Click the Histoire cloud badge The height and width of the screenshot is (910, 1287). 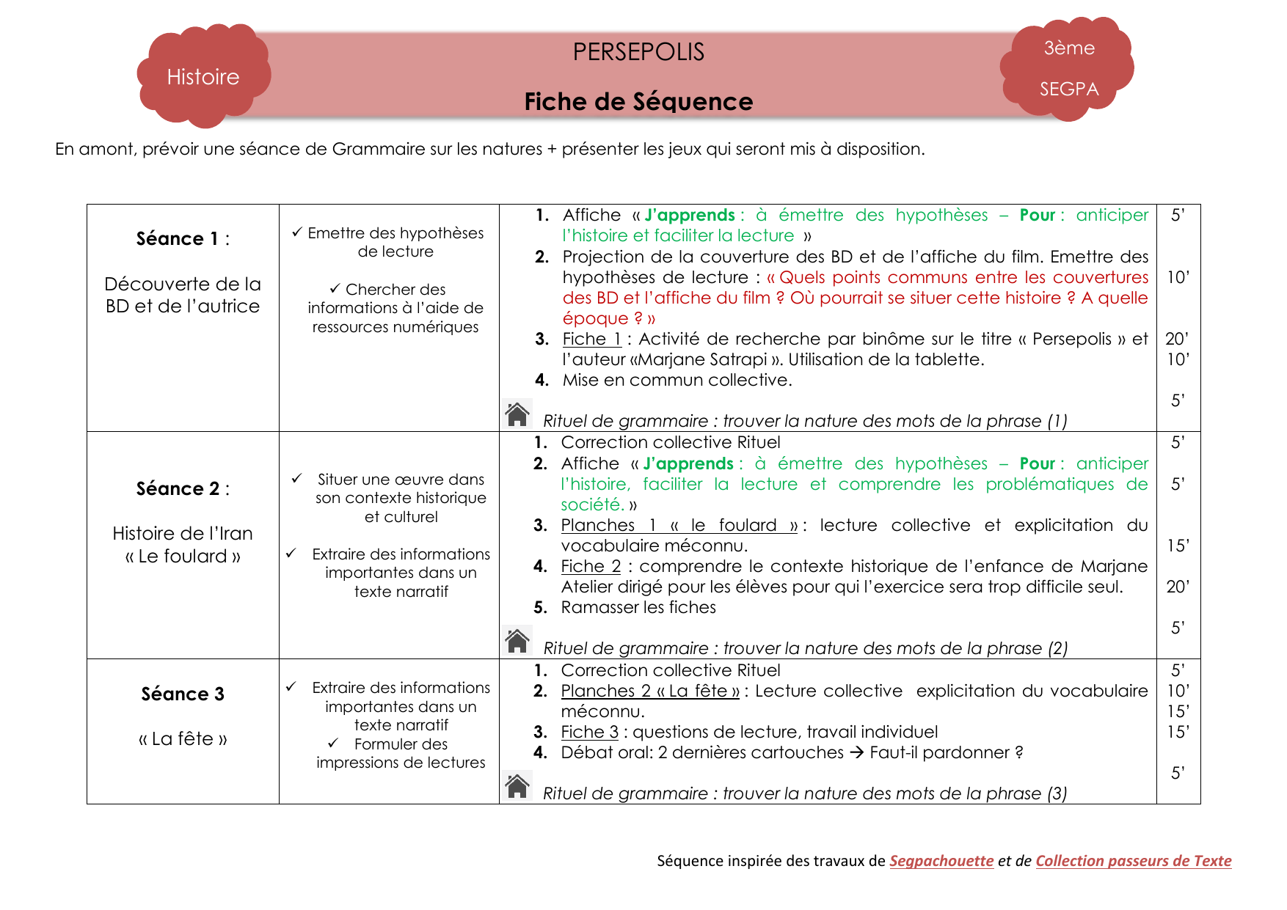[x=203, y=76]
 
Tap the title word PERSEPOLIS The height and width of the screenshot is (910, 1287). [x=638, y=52]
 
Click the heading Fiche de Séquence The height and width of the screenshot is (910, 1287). [x=638, y=101]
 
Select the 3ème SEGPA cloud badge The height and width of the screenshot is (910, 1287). [x=1068, y=68]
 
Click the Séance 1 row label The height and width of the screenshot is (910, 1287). [x=183, y=239]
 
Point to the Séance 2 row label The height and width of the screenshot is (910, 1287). [x=183, y=489]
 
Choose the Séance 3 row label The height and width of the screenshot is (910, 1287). [x=183, y=694]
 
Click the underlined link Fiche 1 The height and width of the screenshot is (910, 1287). [x=591, y=339]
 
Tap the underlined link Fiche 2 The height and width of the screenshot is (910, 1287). [x=591, y=566]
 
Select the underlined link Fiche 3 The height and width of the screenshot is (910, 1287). [x=589, y=732]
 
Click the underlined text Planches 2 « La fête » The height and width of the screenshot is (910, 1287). [x=650, y=691]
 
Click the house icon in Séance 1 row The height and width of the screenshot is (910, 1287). [x=517, y=414]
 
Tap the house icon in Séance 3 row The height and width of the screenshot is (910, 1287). [x=517, y=786]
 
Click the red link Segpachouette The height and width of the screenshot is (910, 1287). [x=941, y=861]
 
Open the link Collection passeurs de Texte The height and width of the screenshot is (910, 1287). [x=1133, y=861]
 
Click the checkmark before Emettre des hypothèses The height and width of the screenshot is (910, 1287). [x=297, y=232]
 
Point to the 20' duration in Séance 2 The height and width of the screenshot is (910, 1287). [x=1177, y=587]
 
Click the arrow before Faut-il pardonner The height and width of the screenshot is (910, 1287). [x=856, y=752]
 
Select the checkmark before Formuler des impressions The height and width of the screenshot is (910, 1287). [x=333, y=744]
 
